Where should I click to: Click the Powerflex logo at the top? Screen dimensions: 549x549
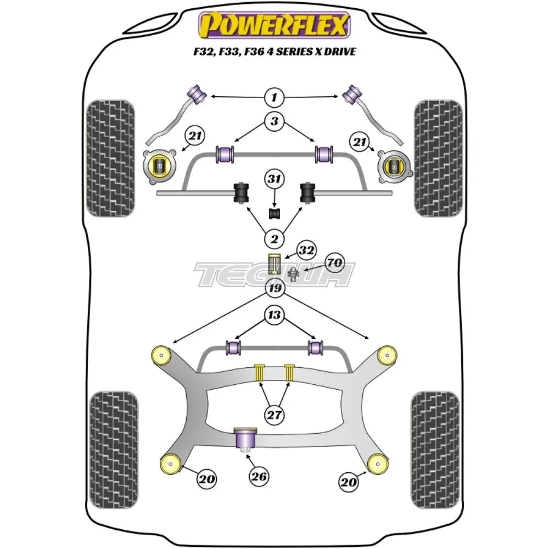(274, 25)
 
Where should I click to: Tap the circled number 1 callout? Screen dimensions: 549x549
(274, 98)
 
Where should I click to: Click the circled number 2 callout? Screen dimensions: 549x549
(274, 238)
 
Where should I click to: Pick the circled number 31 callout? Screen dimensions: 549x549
(274, 178)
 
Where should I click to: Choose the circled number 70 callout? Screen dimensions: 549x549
(333, 263)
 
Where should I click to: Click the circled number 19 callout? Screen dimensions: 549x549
(274, 288)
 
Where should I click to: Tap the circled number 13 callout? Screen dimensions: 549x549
(274, 315)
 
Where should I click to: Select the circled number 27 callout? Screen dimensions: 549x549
(274, 415)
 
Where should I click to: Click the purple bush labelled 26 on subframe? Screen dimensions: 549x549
(246, 440)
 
